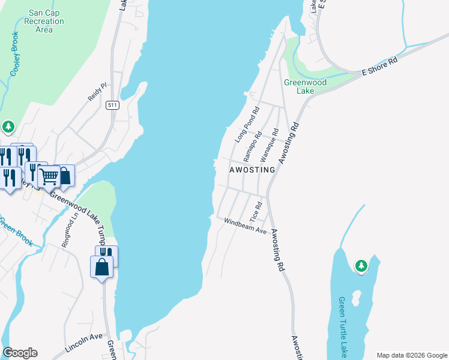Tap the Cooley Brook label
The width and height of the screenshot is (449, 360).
pyautogui.click(x=14, y=54)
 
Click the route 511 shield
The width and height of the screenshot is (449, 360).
pyautogui.click(x=112, y=106)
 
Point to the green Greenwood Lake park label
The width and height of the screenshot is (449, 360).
pyautogui.click(x=305, y=86)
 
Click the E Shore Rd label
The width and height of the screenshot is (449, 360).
pyautogui.click(x=379, y=66)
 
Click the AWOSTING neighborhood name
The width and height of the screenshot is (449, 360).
pyautogui.click(x=252, y=170)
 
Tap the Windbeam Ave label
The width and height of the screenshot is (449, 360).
pyautogui.click(x=245, y=226)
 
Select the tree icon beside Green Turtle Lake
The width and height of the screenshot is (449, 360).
pyautogui.click(x=361, y=265)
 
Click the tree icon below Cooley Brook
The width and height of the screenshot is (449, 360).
pyautogui.click(x=8, y=127)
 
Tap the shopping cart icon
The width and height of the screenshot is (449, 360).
pyautogui.click(x=49, y=176)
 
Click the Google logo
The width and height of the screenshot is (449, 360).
pyautogui.click(x=20, y=353)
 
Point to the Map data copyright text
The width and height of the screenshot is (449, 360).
pyautogui.click(x=411, y=355)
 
